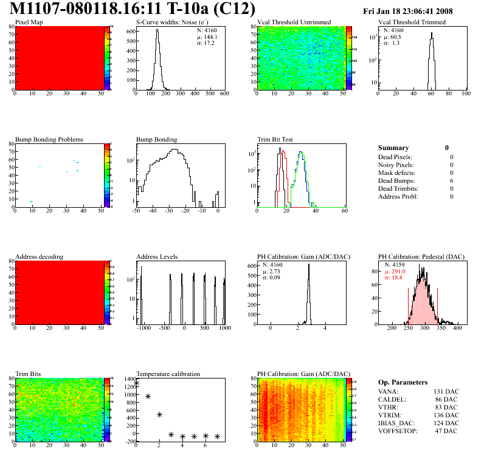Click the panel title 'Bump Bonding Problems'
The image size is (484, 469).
(x=49, y=139)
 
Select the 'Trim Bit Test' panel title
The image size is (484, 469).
(x=275, y=139)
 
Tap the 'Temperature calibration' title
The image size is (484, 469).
(x=168, y=374)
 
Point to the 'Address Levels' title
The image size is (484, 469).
(x=157, y=256)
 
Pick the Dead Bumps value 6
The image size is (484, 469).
(x=452, y=180)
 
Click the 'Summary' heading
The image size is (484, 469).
(x=393, y=148)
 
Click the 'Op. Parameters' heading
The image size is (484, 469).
(x=403, y=382)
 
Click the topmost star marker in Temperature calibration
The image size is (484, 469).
(x=136, y=384)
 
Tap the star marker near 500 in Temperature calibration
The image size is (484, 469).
(x=159, y=414)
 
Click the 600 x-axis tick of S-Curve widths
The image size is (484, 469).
(x=224, y=94)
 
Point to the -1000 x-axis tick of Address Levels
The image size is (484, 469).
(x=143, y=328)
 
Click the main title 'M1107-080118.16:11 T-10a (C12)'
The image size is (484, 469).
(x=133, y=9)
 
